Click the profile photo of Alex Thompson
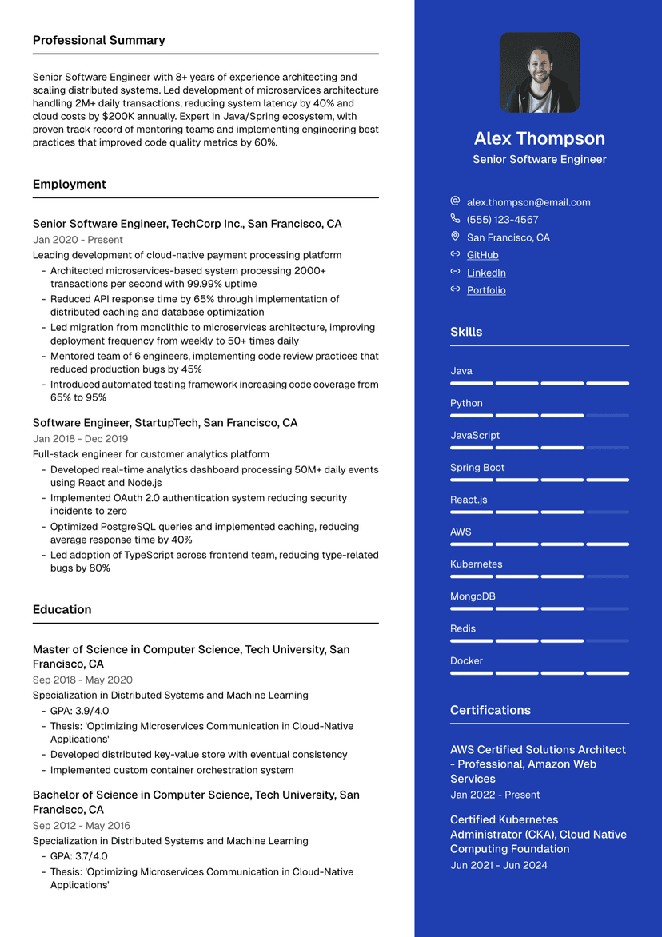point(539,73)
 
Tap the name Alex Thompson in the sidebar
point(539,138)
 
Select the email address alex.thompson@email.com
point(528,202)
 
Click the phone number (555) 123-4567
point(502,220)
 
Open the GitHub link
point(482,255)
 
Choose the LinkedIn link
point(486,273)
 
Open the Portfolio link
point(486,290)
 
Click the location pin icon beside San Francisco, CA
point(455,237)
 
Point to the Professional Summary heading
point(99,40)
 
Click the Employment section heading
point(70,184)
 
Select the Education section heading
point(62,609)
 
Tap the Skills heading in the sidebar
point(466,332)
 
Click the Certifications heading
point(490,710)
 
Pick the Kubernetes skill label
point(476,564)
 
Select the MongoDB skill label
point(473,596)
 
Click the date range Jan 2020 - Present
point(78,240)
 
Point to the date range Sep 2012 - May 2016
point(81,826)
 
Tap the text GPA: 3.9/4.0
point(79,711)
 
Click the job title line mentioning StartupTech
point(165,423)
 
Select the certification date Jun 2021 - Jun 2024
point(499,865)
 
